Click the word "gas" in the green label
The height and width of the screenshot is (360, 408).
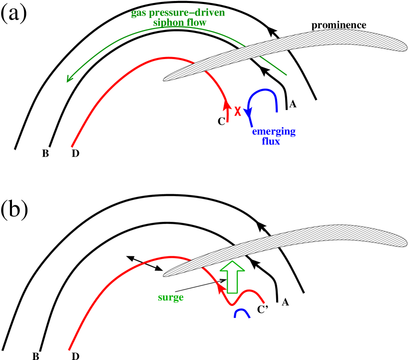coord(138,13)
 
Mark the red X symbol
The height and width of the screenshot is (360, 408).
coord(238,111)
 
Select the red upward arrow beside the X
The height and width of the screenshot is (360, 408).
coord(227,111)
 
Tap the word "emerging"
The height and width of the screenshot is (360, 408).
coord(274,132)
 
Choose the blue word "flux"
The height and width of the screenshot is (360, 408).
coord(271,141)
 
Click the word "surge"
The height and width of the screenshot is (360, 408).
coord(171,297)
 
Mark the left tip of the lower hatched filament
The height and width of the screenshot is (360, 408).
coord(164,274)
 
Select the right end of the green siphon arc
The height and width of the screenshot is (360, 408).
coord(287,75)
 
